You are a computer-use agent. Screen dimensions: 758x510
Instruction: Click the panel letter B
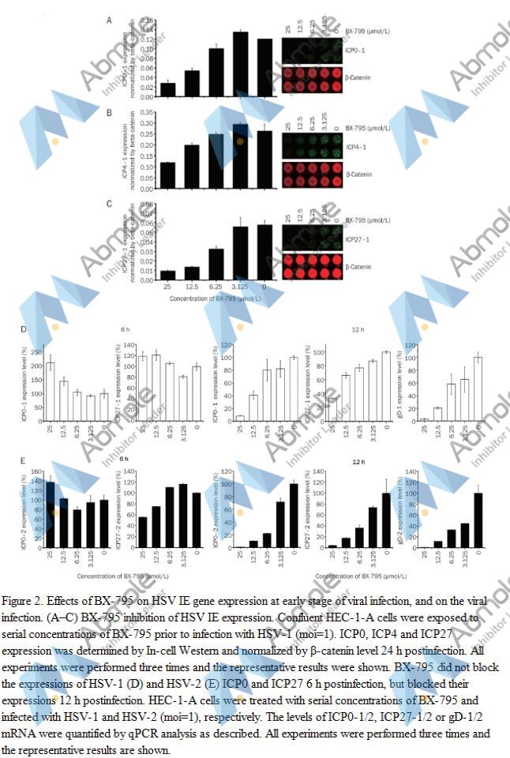point(110,114)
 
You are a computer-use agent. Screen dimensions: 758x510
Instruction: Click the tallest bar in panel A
point(241,64)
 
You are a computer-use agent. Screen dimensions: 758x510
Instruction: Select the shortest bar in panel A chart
point(168,89)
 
